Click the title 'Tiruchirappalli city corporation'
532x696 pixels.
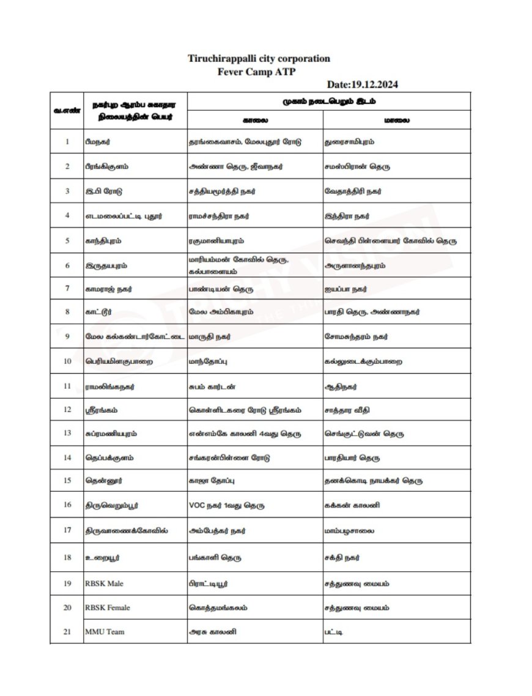259,59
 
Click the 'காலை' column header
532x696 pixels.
255,120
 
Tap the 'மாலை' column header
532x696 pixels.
397,120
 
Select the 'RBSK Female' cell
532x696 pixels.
108,608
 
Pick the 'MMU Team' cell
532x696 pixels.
105,631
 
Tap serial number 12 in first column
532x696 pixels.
67,409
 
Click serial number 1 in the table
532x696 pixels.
67,142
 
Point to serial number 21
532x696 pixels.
67,631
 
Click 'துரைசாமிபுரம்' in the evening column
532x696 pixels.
350,142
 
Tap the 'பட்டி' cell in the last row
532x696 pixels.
334,631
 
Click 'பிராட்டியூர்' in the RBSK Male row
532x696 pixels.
209,583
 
